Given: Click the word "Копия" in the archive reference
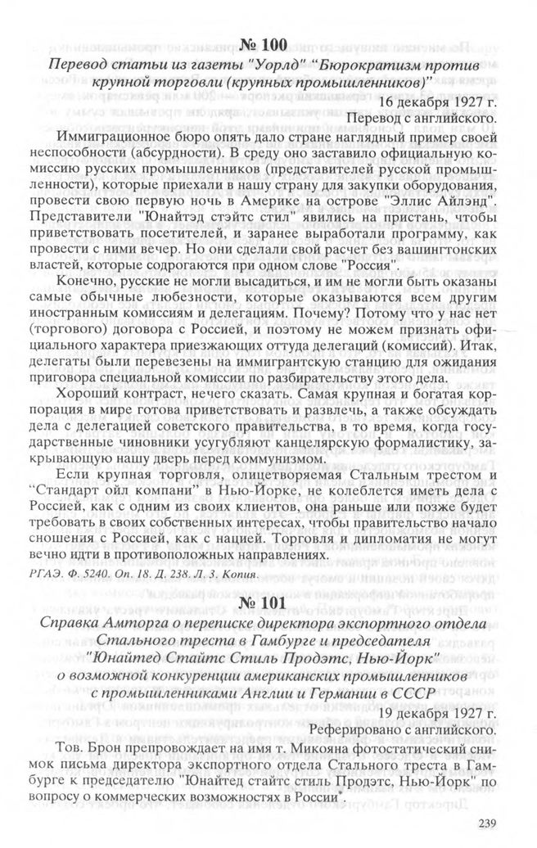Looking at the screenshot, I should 241,574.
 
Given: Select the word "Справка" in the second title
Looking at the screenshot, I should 80,626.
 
